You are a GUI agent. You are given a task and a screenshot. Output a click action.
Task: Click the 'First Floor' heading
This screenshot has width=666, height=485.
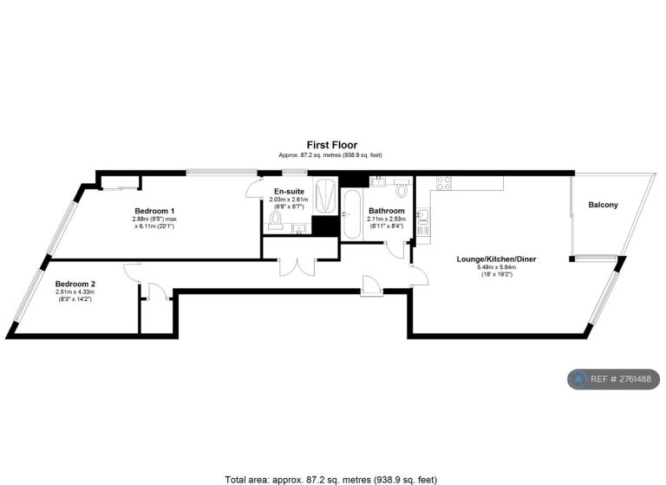(x=332, y=145)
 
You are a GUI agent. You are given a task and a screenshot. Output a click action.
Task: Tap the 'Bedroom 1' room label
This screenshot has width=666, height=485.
(x=154, y=211)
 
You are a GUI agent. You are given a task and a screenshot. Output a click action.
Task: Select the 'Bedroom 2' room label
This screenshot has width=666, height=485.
(x=75, y=284)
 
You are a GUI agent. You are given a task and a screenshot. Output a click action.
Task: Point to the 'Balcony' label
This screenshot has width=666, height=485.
(x=603, y=205)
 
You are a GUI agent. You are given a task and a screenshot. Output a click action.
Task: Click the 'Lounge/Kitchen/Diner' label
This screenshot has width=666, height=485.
(x=496, y=259)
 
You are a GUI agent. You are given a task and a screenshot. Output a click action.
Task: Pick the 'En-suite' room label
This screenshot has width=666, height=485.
(x=289, y=191)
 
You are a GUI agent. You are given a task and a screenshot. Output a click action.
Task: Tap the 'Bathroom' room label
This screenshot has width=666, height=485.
(x=387, y=211)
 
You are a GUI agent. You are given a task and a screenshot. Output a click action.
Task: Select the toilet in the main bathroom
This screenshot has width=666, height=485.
(x=402, y=187)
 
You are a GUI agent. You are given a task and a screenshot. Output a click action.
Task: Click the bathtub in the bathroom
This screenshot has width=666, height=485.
(x=352, y=213)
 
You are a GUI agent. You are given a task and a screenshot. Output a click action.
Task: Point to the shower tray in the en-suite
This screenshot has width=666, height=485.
(x=325, y=196)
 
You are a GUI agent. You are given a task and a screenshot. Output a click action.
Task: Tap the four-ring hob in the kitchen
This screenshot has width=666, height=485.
(x=444, y=183)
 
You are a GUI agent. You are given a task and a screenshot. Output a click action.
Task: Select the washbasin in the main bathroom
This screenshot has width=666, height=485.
(x=377, y=181)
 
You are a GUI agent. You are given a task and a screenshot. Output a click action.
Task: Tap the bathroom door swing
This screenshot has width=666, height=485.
(x=395, y=251)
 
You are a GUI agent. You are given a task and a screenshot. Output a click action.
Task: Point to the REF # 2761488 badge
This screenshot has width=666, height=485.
(x=614, y=379)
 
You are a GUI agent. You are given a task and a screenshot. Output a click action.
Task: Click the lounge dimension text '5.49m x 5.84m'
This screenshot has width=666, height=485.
(x=496, y=267)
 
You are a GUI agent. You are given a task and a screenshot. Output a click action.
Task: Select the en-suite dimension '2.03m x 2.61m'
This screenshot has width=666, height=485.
(x=289, y=200)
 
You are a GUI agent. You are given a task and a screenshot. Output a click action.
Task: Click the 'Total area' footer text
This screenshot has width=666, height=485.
(x=331, y=480)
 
